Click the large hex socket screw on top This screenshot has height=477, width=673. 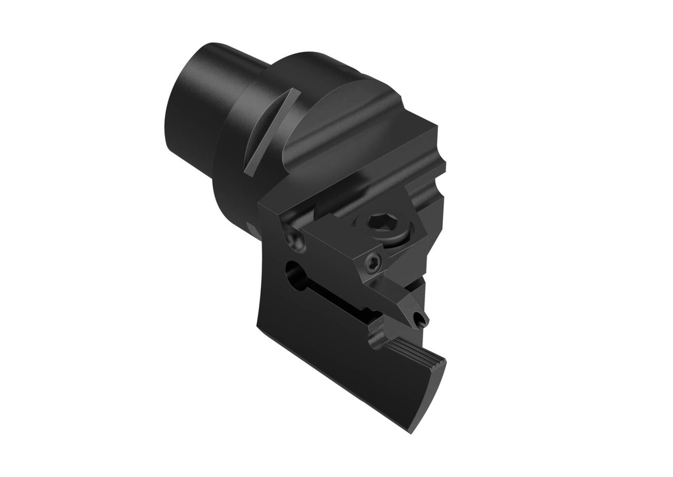click(381, 223)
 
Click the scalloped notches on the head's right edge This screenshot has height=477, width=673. click(439, 177)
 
